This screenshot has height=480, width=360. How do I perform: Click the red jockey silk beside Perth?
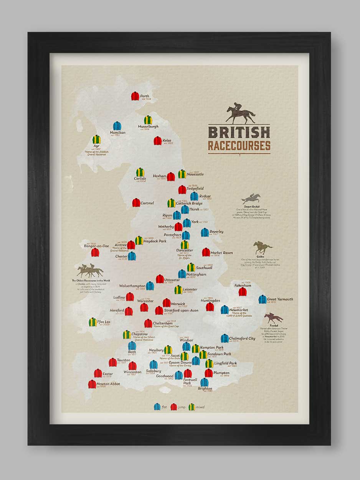tap(135, 96)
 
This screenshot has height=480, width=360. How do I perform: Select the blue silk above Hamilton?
tap(117, 126)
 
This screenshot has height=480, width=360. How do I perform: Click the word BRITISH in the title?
tap(239, 132)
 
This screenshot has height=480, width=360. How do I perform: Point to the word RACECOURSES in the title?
tap(239, 146)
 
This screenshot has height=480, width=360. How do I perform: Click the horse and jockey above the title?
tap(240, 113)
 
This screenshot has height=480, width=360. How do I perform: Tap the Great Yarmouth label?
tap(280, 299)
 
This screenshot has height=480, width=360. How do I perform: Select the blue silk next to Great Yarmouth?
tap(263, 299)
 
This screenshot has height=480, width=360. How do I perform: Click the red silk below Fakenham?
tap(243, 292)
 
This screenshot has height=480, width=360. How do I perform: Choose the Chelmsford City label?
tap(242, 338)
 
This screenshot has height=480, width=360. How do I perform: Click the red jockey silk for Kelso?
tap(158, 141)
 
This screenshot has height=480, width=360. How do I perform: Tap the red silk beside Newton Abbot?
tap(92, 384)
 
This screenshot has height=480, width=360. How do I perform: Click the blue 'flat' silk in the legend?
tap(157, 407)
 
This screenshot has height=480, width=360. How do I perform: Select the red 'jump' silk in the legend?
tap(174, 407)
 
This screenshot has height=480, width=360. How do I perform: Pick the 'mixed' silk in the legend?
tap(192, 407)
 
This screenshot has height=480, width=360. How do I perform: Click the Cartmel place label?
tap(147, 203)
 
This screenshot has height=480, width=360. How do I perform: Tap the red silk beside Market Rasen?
tap(206, 252)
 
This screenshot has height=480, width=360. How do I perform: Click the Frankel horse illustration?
tap(273, 318)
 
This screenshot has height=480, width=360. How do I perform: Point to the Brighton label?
tap(205, 388)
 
